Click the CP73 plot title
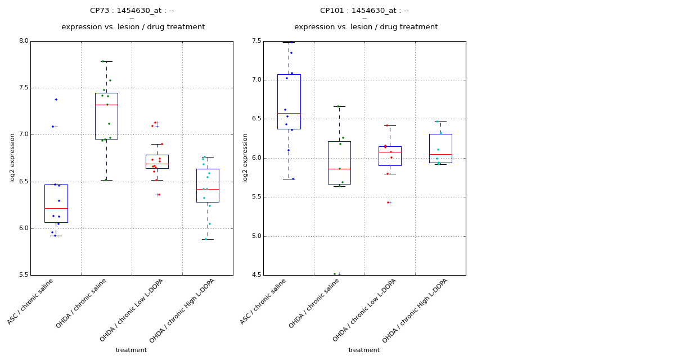[132, 11]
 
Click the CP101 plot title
[364, 11]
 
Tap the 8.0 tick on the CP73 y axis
[23, 41]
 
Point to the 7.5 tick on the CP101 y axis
[256, 41]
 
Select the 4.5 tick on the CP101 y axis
[256, 275]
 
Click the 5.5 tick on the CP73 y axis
[23, 275]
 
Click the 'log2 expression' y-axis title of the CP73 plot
[12, 157]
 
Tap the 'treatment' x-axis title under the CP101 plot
[364, 350]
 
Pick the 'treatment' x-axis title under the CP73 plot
[131, 350]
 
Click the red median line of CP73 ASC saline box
[56, 208]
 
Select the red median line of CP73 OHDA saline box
[106, 105]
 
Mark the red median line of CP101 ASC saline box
[289, 113]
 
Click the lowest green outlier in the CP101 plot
[335, 274]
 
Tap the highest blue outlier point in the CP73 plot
[56, 100]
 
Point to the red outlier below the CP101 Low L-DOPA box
[388, 202]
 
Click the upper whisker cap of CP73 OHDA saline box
[106, 61]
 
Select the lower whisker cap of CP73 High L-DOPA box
[208, 239]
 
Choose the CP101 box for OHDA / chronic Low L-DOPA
[390, 156]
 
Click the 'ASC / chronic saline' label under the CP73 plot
[31, 301]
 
